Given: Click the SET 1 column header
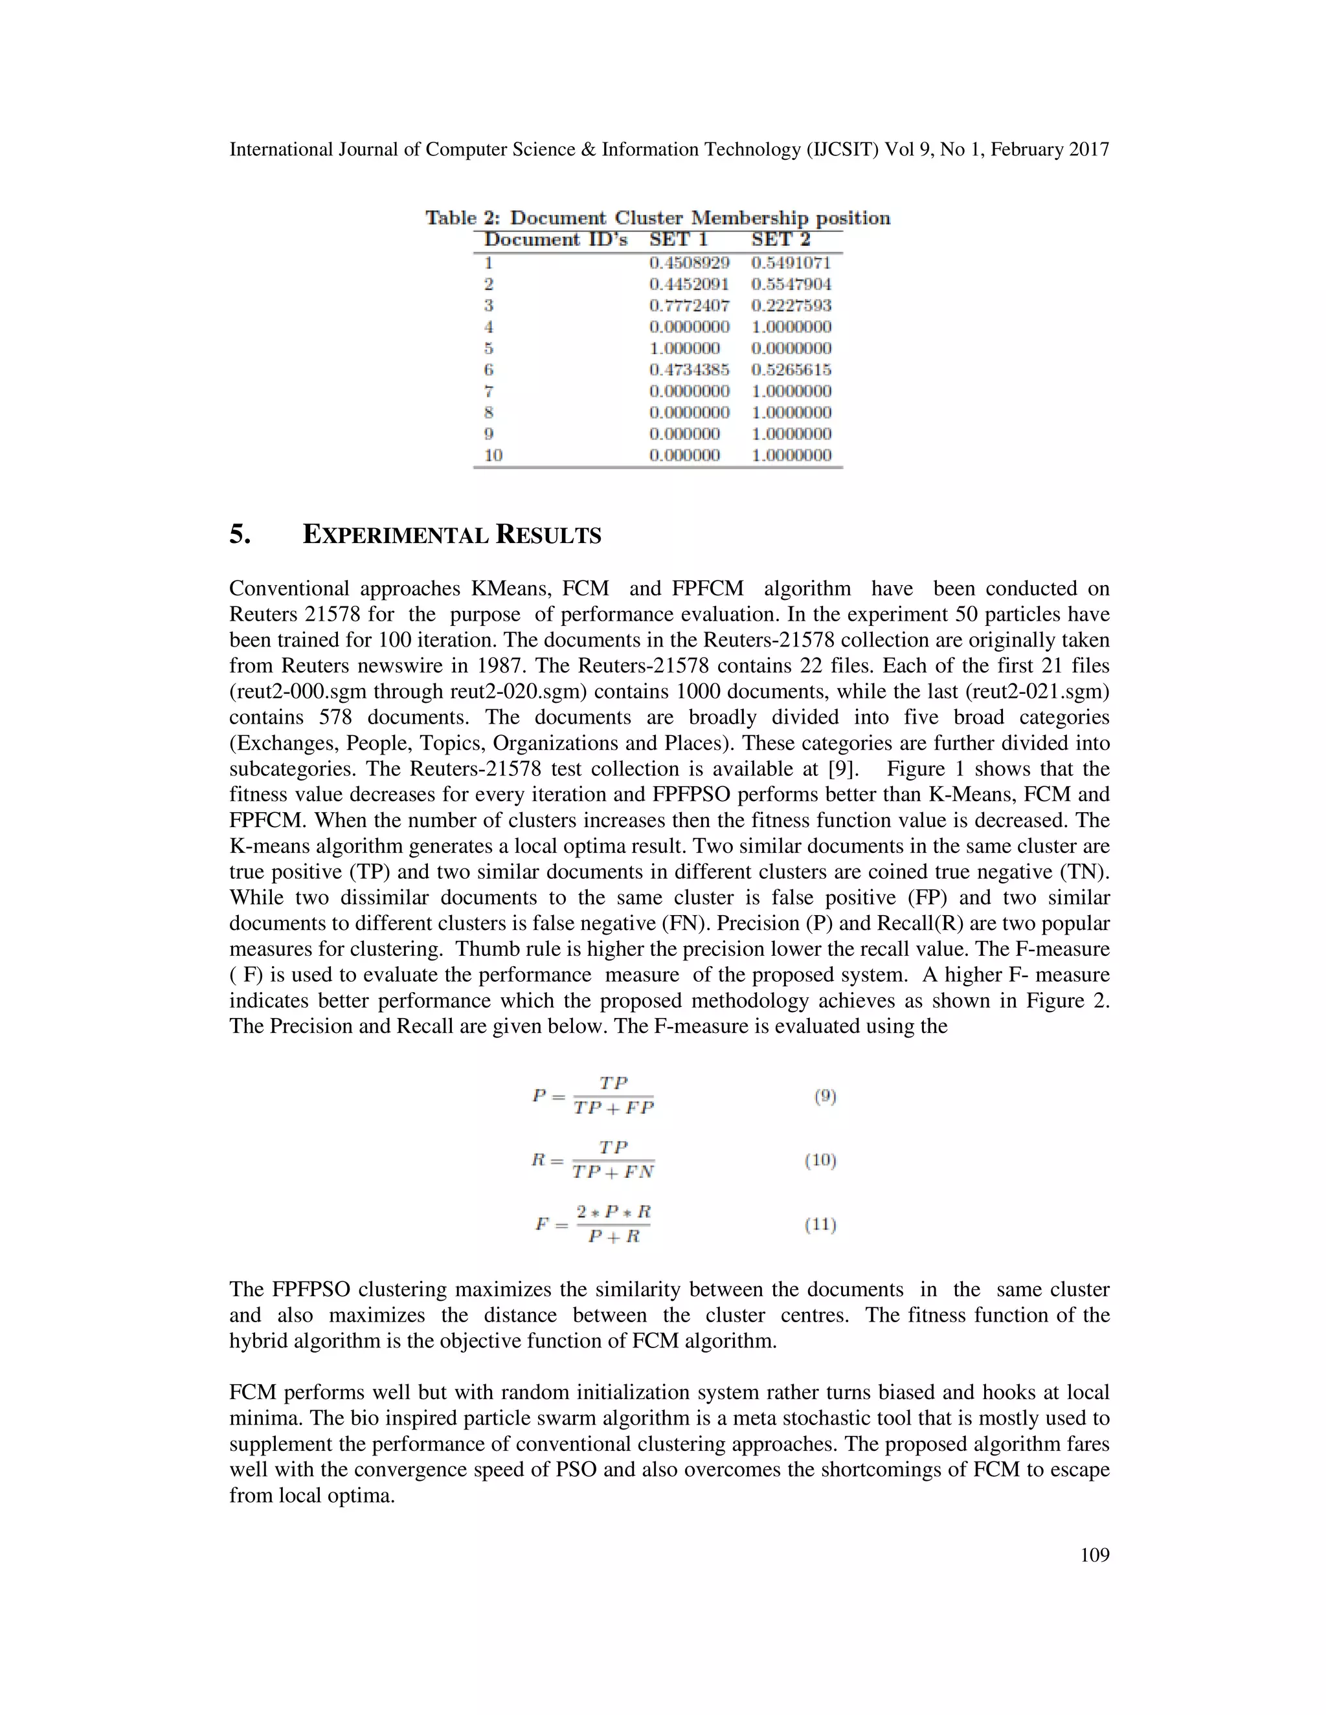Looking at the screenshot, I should pos(678,239).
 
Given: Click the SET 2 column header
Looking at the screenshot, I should pos(780,239).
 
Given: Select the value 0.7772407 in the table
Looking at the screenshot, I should pos(689,305).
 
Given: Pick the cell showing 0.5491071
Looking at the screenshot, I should pos(791,263).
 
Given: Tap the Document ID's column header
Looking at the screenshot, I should pos(556,239).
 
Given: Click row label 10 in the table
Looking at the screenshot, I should pos(493,456).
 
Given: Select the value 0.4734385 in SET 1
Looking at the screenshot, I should pos(689,370).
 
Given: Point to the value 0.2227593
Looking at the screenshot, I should pos(791,305).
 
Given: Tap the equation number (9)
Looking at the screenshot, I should pos(825,1096).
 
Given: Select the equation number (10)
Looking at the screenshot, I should pos(821,1160).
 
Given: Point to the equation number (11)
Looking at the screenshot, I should pos(821,1224).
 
